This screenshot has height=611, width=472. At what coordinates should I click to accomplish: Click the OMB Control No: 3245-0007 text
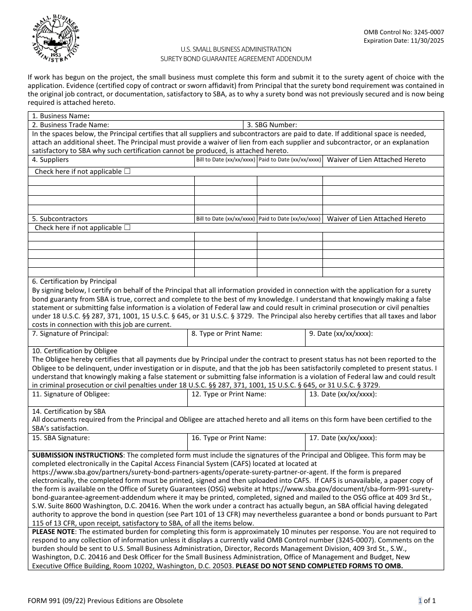[403, 32]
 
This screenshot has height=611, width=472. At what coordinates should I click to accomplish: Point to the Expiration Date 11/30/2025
[403, 41]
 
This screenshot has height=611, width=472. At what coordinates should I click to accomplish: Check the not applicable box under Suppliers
[127, 171]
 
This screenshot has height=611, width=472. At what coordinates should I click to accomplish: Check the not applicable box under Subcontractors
[127, 228]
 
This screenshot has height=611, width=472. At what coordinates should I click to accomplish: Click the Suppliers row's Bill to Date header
[226, 160]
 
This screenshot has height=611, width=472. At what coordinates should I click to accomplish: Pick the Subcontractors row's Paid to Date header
[290, 219]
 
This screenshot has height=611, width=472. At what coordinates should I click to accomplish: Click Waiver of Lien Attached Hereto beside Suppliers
[376, 160]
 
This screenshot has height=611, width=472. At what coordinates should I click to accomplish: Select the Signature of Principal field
[108, 338]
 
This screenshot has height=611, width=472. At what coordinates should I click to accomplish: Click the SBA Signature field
[108, 442]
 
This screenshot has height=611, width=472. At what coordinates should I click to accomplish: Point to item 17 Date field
[374, 442]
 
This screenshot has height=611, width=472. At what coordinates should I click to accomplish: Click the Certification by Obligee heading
[75, 351]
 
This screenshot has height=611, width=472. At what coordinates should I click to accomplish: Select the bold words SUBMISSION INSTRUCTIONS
[78, 455]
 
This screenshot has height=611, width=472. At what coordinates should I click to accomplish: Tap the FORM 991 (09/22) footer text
[105, 601]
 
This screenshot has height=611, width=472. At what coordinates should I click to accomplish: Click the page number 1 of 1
[427, 601]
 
